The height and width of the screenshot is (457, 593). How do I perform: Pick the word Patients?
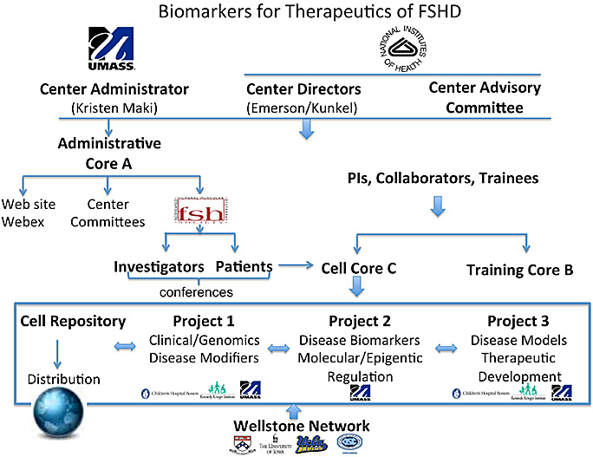(244, 268)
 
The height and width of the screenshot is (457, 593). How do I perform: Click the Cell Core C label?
(358, 269)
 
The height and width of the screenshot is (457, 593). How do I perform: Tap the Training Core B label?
(519, 270)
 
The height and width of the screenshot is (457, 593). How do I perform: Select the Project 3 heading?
(517, 321)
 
